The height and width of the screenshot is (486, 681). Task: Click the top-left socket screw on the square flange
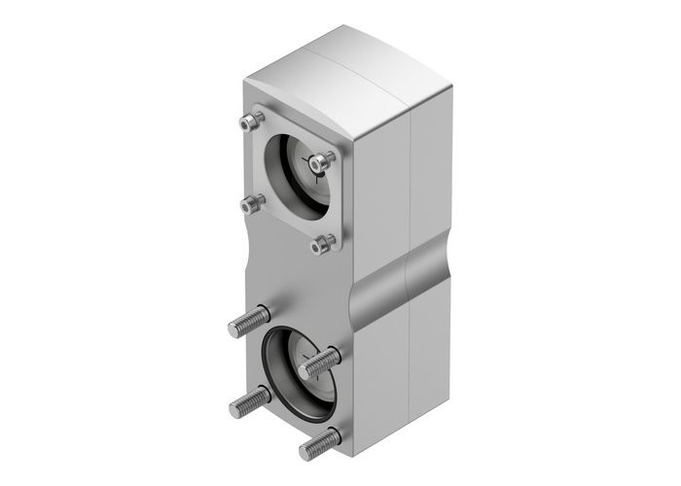[x=252, y=122]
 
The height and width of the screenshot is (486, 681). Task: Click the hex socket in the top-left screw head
[x=252, y=121]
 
